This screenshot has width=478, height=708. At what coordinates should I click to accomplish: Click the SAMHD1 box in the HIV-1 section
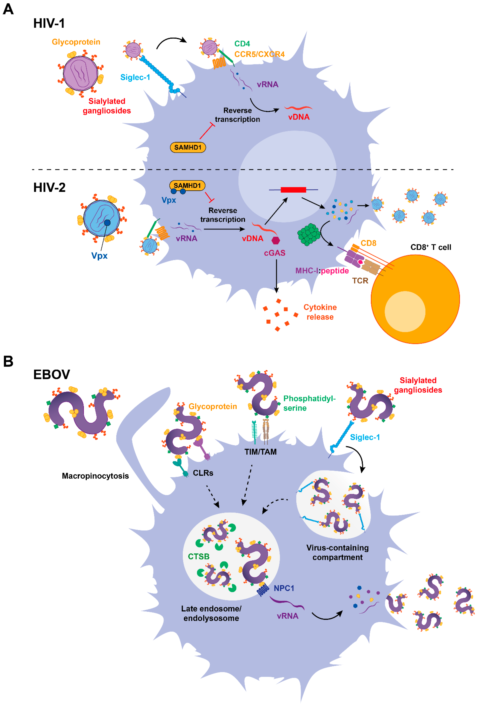(x=188, y=147)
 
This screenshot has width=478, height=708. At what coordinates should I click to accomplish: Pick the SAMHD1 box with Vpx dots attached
(x=187, y=186)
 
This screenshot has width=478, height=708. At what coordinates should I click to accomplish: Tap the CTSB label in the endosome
(x=198, y=556)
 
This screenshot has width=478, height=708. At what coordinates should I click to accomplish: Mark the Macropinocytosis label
(x=95, y=476)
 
